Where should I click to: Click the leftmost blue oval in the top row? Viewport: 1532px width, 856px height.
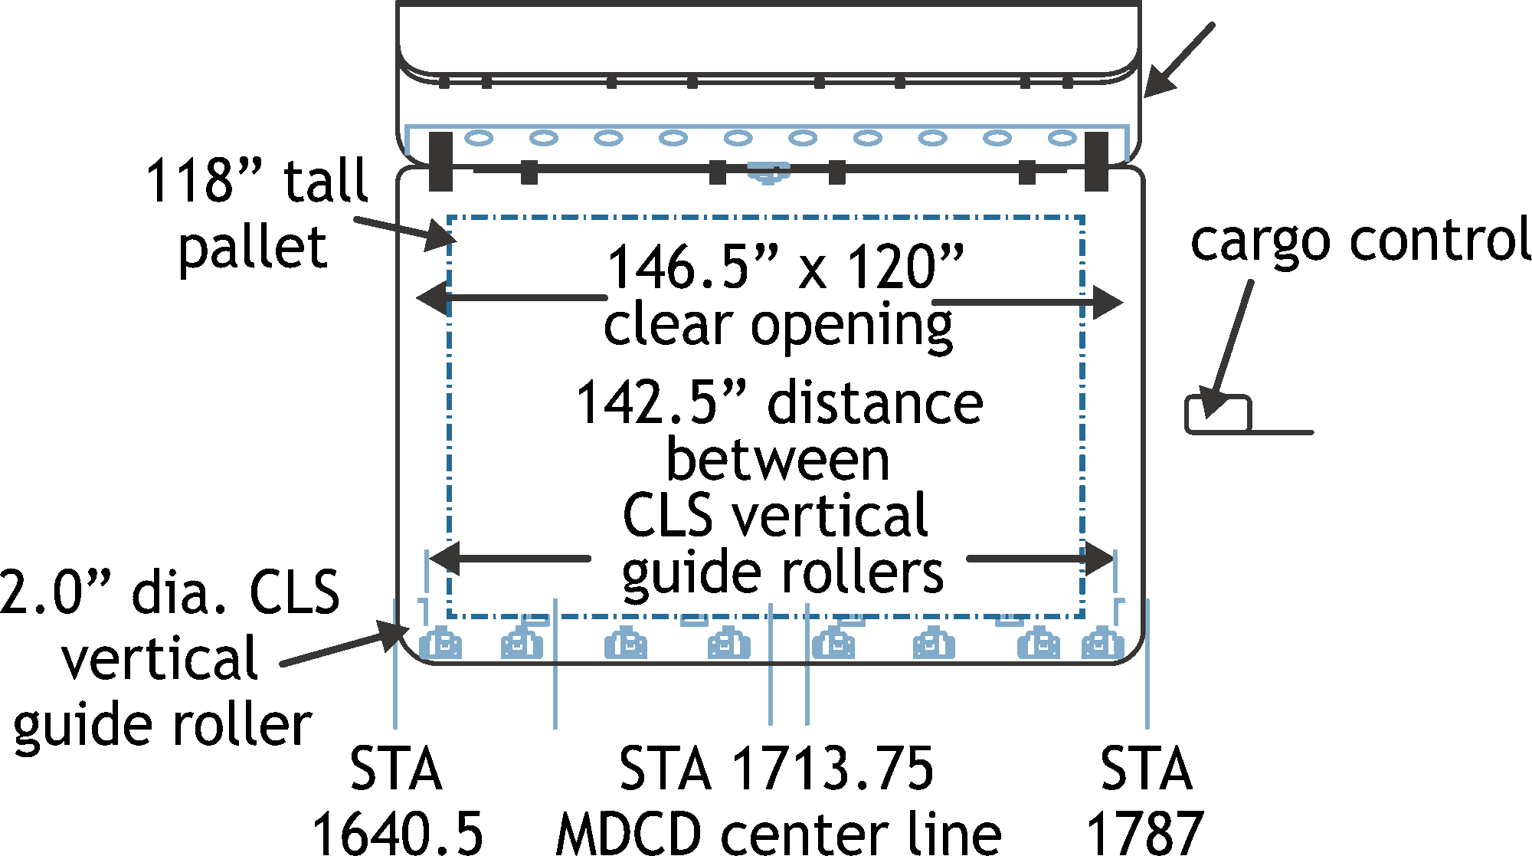tap(479, 138)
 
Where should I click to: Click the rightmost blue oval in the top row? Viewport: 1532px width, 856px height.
tap(1062, 138)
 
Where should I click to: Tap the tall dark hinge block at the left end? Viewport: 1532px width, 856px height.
tap(440, 161)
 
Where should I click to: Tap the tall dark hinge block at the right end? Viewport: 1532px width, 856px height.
tap(1096, 161)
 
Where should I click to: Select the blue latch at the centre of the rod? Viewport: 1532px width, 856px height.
tap(768, 172)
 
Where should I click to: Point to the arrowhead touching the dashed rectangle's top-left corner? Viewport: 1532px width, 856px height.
tap(440, 235)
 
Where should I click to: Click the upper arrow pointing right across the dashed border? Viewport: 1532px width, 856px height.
tap(1026, 303)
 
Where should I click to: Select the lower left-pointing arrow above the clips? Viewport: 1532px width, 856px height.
tap(510, 559)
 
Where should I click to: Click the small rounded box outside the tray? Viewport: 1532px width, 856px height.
tap(1218, 415)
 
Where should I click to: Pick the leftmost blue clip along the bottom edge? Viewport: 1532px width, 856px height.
tap(440, 644)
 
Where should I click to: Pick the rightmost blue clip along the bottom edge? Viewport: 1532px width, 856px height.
tap(1102, 644)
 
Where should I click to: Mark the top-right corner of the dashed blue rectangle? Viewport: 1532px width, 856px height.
tap(1083, 218)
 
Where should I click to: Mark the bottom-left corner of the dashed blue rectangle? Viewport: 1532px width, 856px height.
tap(449, 615)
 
